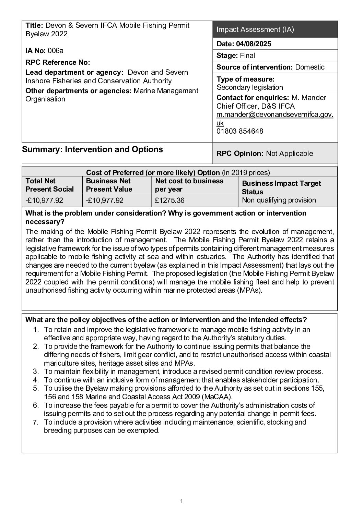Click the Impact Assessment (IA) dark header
click(x=255, y=29)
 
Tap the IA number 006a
click(x=55, y=51)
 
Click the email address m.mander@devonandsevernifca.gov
click(x=275, y=115)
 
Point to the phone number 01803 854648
click(x=240, y=131)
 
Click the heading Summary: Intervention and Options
click(x=92, y=149)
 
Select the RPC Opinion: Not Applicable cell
click(x=265, y=153)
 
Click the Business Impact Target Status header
click(x=281, y=187)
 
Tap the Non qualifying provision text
click(x=279, y=200)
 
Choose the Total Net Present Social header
click(x=49, y=185)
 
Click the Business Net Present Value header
click(x=109, y=185)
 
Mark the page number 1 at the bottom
click(x=181, y=502)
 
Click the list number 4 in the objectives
click(x=36, y=380)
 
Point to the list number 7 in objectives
click(x=36, y=422)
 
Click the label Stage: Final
click(x=235, y=56)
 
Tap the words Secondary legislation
click(x=250, y=87)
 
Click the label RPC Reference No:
click(x=58, y=62)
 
